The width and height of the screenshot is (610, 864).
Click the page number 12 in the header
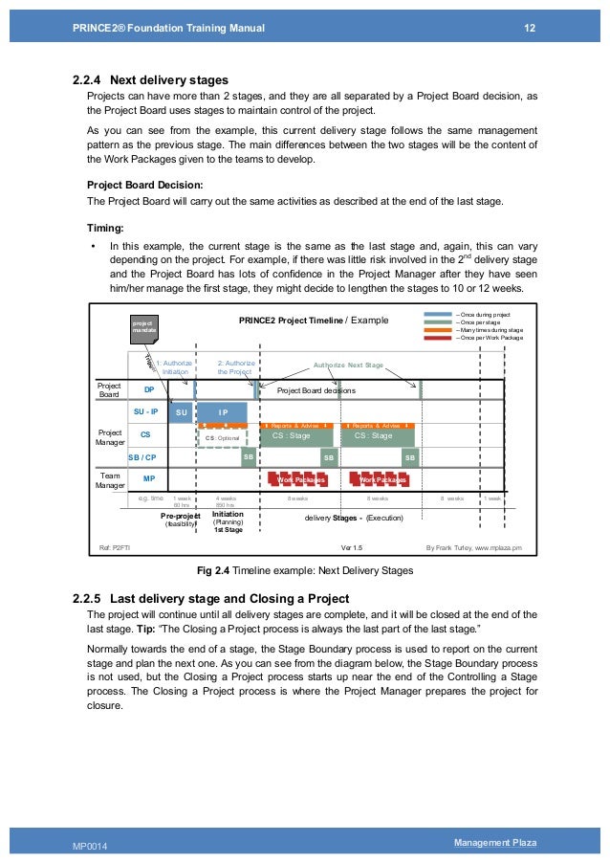tap(530, 28)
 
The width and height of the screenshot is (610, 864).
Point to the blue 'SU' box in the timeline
tap(181, 412)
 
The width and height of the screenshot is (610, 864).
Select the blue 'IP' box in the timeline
tap(222, 412)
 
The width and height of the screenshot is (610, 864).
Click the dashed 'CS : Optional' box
tap(223, 438)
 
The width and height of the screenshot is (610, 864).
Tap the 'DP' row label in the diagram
tap(148, 390)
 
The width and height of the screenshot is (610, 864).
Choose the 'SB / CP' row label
tap(142, 457)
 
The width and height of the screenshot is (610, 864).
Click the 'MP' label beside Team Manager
tap(148, 477)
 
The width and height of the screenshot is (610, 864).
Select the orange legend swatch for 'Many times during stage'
tap(438, 330)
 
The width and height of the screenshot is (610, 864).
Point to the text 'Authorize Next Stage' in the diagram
tap(350, 366)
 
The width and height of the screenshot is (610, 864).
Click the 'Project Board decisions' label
tap(316, 390)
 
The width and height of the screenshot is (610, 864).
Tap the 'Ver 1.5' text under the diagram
tap(352, 548)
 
